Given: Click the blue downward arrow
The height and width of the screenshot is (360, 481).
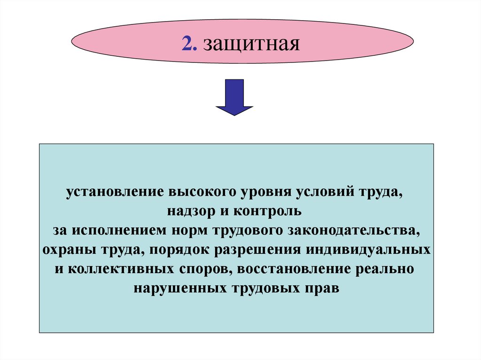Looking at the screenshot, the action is click(234, 97).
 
